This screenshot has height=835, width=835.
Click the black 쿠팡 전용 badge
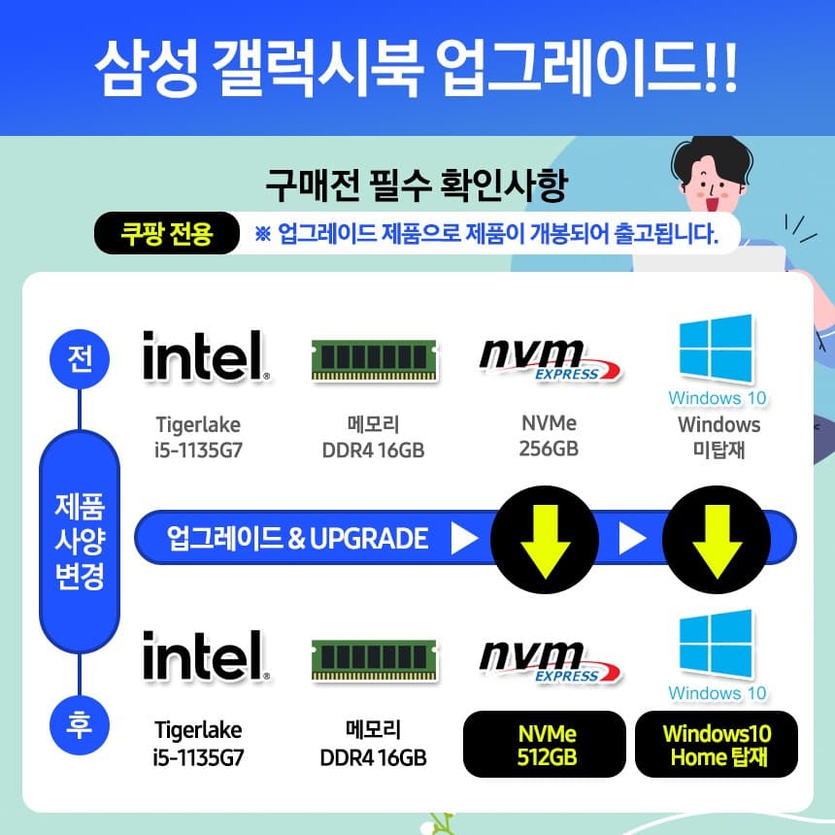pyautogui.click(x=166, y=234)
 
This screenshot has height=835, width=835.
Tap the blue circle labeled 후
pyautogui.click(x=79, y=725)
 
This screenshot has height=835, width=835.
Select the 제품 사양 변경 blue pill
pyautogui.click(x=79, y=543)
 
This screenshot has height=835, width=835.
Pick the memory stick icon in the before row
pyautogui.click(x=373, y=360)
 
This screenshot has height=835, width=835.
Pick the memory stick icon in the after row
pyautogui.click(x=373, y=660)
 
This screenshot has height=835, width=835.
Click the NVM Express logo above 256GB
pyautogui.click(x=550, y=359)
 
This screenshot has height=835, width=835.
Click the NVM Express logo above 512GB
pyautogui.click(x=550, y=659)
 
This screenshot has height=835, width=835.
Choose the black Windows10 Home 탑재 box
pyautogui.click(x=718, y=745)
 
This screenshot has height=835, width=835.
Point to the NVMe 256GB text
pyautogui.click(x=549, y=436)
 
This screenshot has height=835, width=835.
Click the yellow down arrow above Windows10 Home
pyautogui.click(x=717, y=539)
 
